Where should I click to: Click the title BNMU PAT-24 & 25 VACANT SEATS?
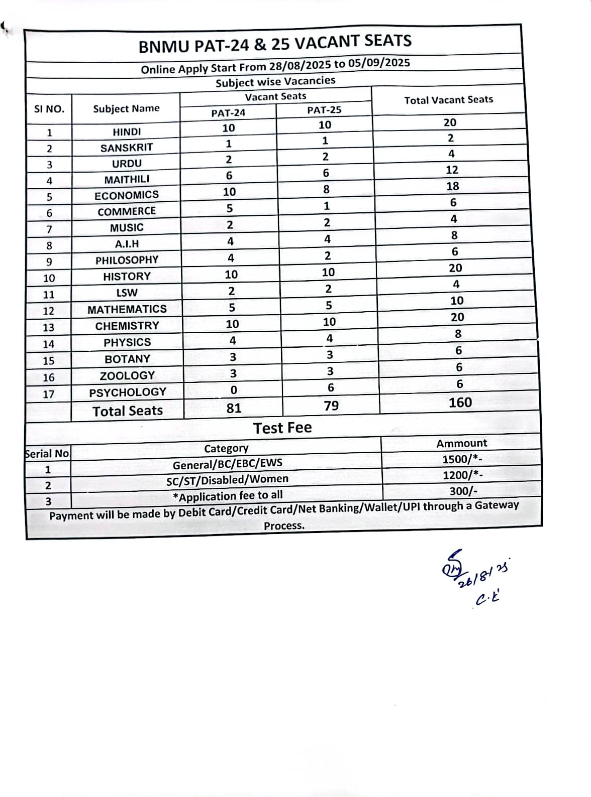coord(275,43)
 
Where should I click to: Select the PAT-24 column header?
coord(228,113)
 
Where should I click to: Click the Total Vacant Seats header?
coord(448,100)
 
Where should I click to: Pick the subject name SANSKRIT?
coord(126,148)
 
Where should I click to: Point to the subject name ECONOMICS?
coord(127,195)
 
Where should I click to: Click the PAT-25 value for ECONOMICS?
coord(326,189)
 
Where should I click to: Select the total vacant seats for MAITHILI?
coord(452,170)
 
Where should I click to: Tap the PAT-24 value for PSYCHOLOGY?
coord(233,390)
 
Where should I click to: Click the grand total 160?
coord(460,403)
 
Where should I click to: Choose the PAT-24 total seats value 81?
coord(234,408)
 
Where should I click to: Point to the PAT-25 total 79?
coord(331,406)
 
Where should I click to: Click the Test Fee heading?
coord(282,428)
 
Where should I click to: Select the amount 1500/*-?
coord(462,459)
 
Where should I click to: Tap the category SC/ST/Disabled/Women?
coord(227,480)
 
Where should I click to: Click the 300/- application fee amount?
coord(463,491)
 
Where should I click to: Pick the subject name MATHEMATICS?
coord(127,309)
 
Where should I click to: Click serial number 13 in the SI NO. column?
coord(48,328)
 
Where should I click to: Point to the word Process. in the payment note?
coord(284,525)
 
